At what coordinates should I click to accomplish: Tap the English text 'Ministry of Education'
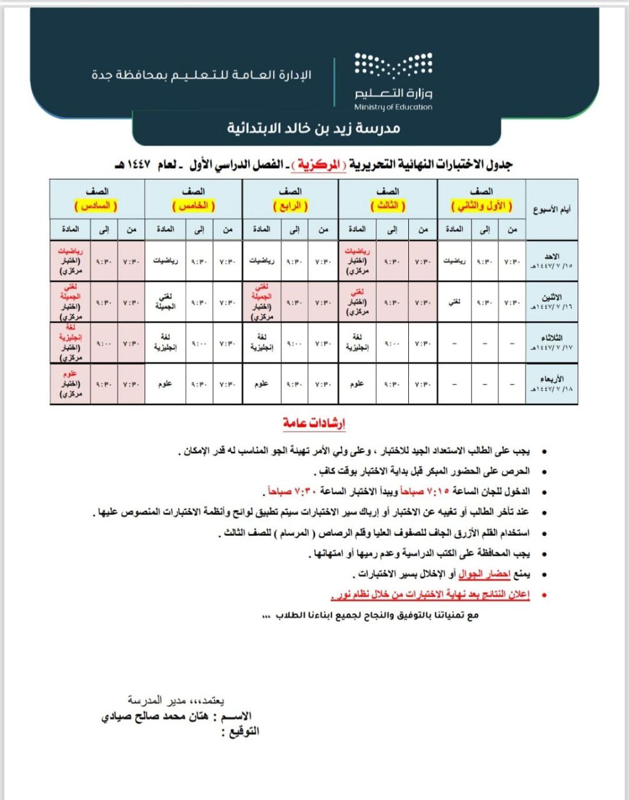(393, 107)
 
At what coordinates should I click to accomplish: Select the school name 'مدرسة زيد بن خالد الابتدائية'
(313, 129)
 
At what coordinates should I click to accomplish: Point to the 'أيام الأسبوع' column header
(551, 209)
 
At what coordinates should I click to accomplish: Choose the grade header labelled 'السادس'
(97, 205)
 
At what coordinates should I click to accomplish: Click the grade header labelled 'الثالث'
(387, 205)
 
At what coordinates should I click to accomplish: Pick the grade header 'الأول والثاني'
(481, 205)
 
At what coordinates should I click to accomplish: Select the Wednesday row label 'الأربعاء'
(551, 379)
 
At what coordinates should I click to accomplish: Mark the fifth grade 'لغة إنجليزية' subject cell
(165, 342)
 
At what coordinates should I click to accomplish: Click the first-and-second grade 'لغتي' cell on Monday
(455, 302)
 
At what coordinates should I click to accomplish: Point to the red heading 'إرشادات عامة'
(314, 424)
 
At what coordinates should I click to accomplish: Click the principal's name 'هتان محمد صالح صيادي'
(154, 717)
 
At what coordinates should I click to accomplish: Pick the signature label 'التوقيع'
(241, 731)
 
